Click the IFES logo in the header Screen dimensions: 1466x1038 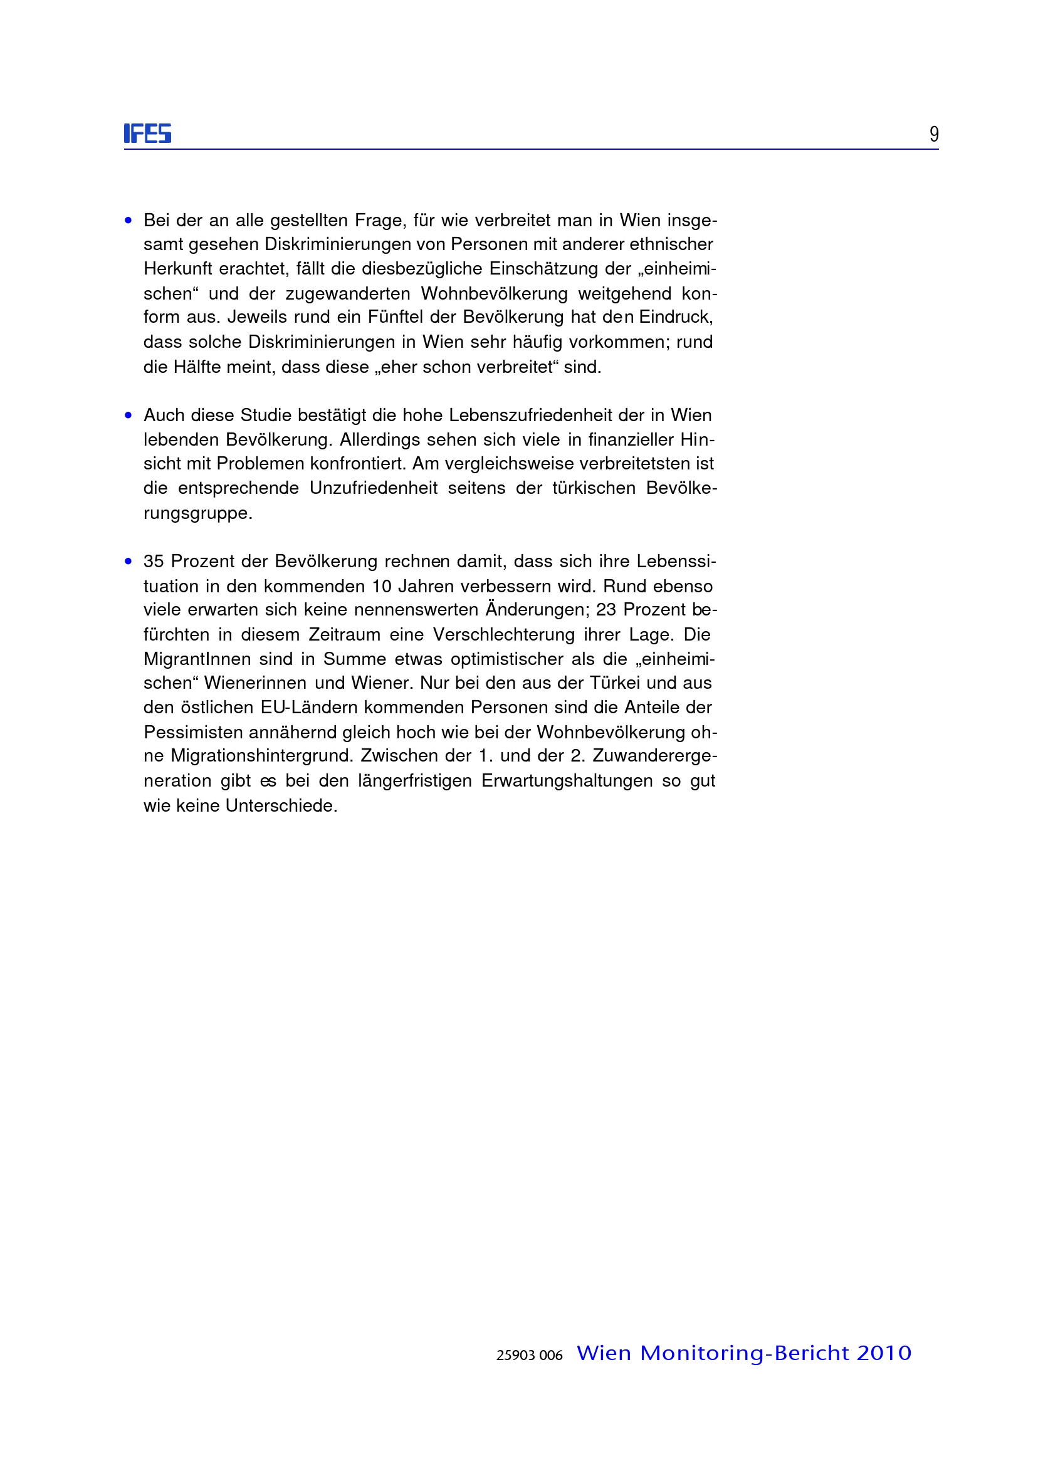click(148, 133)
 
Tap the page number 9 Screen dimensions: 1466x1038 click(933, 134)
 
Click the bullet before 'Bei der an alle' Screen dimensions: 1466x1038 click(128, 221)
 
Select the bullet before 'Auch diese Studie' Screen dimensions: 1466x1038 click(128, 416)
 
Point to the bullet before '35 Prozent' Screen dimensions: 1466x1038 click(128, 562)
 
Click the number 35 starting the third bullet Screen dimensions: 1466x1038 click(154, 561)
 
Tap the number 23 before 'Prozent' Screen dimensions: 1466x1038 click(605, 610)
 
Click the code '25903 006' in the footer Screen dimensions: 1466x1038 click(529, 1355)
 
